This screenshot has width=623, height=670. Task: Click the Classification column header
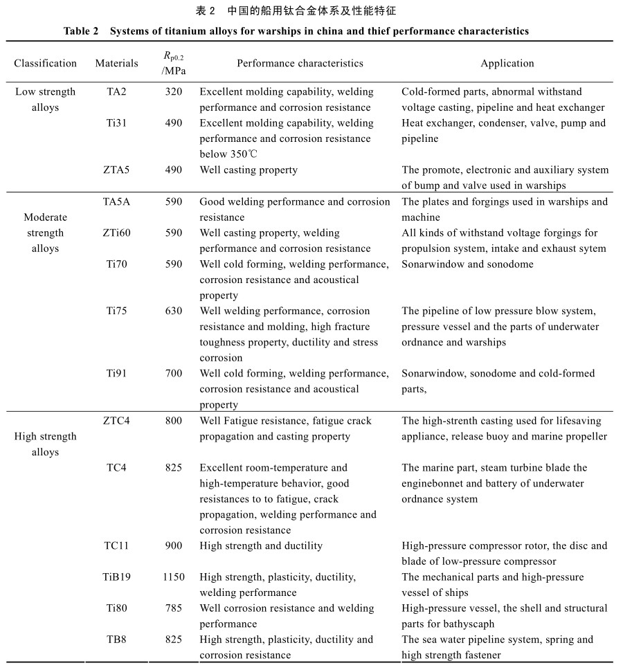[x=46, y=63]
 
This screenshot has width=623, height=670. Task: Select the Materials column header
[x=116, y=63]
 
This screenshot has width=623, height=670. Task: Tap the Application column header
[x=507, y=63]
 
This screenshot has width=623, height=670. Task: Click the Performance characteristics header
[x=300, y=63]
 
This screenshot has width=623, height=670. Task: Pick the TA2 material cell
[x=116, y=91]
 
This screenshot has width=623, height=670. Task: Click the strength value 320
[x=174, y=91]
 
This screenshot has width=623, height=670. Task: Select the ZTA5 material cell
[x=116, y=170]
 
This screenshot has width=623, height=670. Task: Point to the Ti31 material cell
[x=116, y=123]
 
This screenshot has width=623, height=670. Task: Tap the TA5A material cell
[x=116, y=201]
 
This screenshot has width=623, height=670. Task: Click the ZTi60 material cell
[x=116, y=233]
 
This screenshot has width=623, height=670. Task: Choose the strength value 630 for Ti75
[x=174, y=311]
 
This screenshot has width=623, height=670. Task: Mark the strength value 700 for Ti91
[x=174, y=373]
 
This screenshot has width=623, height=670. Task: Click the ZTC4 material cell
[x=116, y=421]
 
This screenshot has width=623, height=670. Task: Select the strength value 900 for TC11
[x=174, y=545]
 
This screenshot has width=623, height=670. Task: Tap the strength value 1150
[x=174, y=577]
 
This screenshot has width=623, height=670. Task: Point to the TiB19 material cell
[x=116, y=577]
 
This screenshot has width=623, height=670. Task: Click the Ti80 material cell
[x=116, y=608]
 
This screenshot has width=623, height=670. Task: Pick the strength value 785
[x=174, y=608]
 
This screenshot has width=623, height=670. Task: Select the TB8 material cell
[x=116, y=640]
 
